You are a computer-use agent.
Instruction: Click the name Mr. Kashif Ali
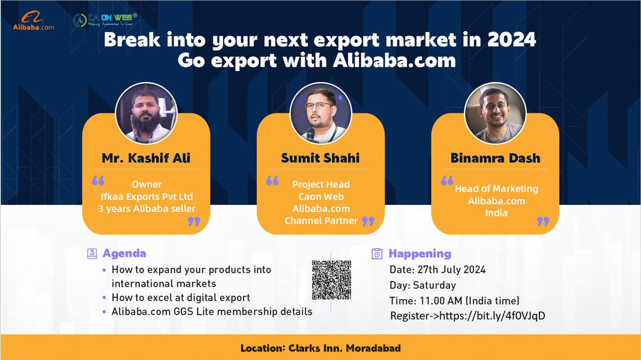(x=146, y=158)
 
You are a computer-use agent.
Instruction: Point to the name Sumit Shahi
(x=320, y=158)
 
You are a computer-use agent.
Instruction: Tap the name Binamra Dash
(x=495, y=158)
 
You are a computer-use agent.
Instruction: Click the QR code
(x=331, y=280)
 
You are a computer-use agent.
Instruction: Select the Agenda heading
(x=124, y=253)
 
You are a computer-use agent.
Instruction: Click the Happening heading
(x=420, y=254)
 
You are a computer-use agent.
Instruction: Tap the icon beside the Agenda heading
(x=92, y=253)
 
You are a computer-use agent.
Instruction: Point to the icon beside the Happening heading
(x=377, y=254)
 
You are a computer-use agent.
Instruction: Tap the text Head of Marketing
(x=496, y=189)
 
